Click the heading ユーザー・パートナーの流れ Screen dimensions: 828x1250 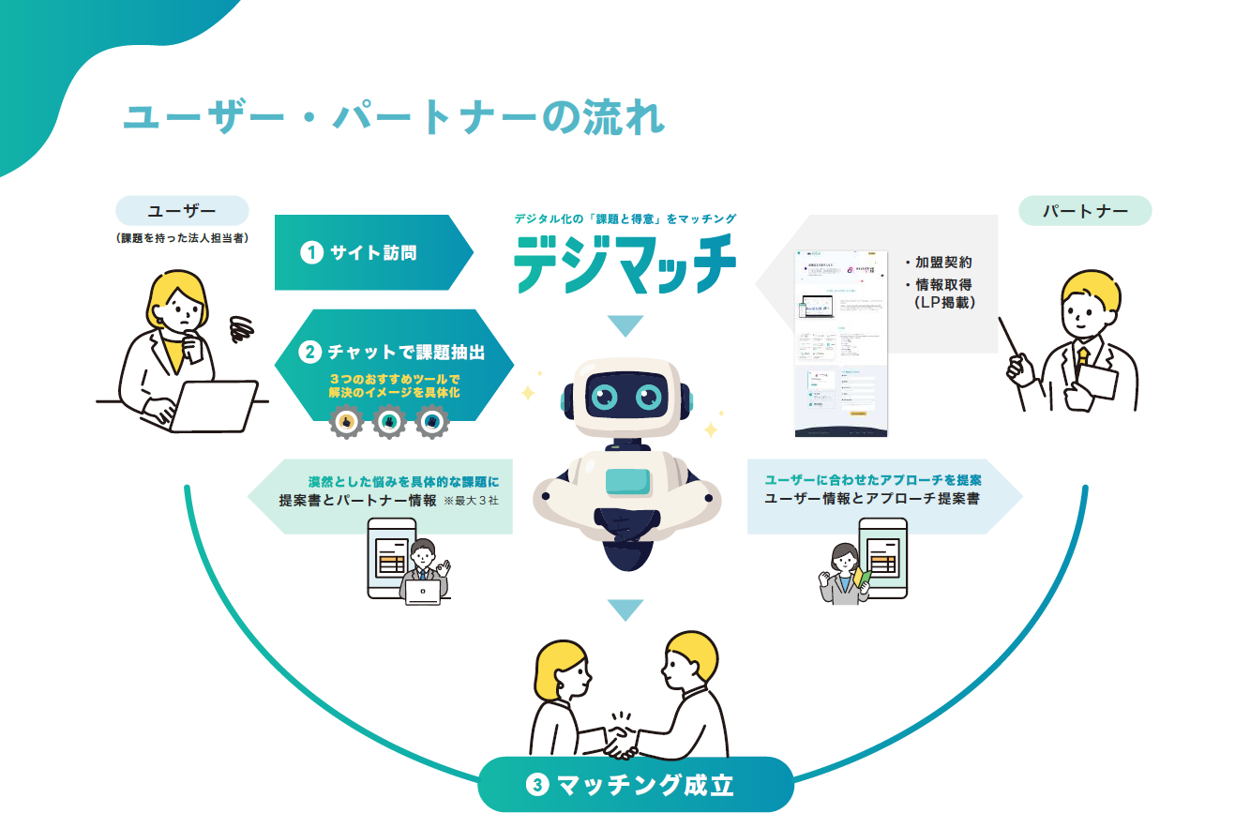point(394,119)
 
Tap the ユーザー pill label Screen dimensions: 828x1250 point(182,211)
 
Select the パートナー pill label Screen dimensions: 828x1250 point(1085,211)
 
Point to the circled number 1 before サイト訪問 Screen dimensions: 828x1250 point(311,252)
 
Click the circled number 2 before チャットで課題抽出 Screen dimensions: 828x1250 point(309,353)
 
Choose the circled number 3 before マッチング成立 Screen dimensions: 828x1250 point(536,785)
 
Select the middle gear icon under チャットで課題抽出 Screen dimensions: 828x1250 point(388,424)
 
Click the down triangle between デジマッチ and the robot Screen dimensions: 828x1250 point(625,326)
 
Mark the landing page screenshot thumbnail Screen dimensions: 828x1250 point(840,343)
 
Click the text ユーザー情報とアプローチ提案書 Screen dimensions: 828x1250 point(872,500)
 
